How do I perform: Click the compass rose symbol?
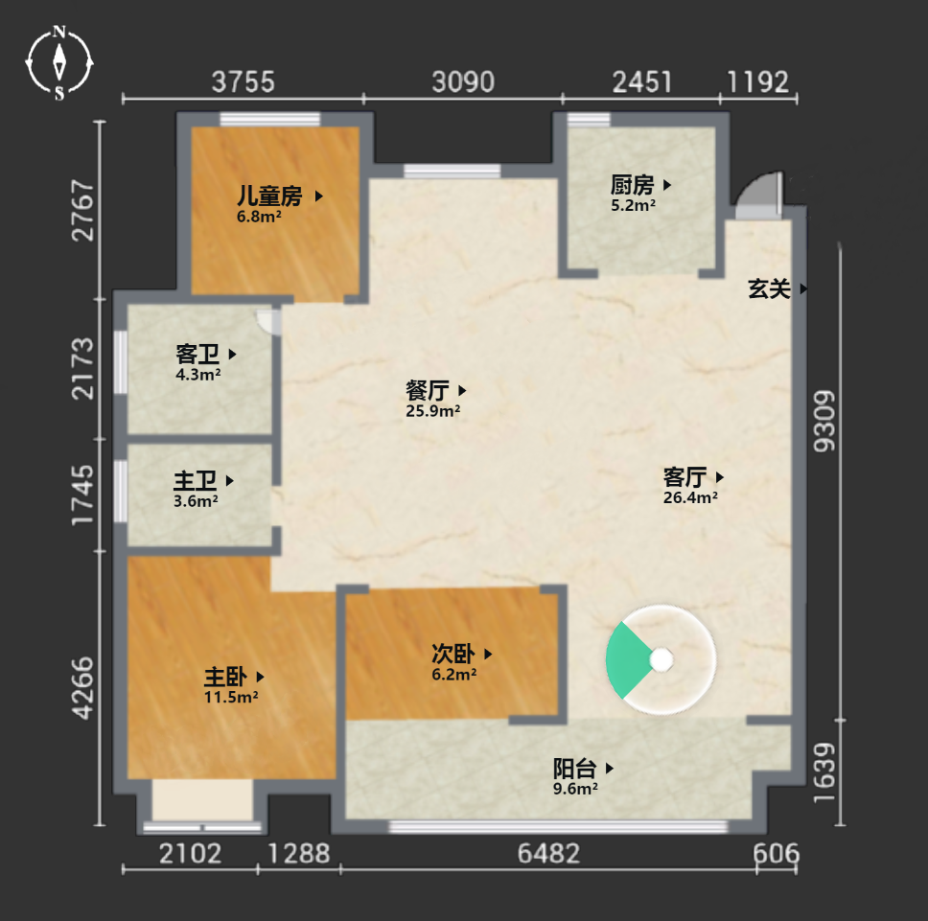point(59,62)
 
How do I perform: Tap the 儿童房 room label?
point(270,196)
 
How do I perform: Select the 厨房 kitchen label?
point(632,185)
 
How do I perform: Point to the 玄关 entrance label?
point(769,288)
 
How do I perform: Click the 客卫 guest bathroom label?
point(197,355)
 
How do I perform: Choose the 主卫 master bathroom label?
point(196,481)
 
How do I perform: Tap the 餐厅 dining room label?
point(428,390)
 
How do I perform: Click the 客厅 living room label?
point(684,476)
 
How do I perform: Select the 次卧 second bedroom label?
point(453,654)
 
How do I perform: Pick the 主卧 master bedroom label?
point(225,676)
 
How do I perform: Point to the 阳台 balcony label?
point(574,769)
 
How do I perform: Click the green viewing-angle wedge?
point(626,660)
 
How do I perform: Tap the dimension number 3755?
point(244,81)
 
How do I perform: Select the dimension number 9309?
point(824,421)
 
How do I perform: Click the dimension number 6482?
point(548,854)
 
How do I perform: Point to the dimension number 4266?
point(82,688)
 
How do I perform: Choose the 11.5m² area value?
point(231,697)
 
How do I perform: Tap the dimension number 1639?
point(824,772)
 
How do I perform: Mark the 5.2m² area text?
point(634,205)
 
